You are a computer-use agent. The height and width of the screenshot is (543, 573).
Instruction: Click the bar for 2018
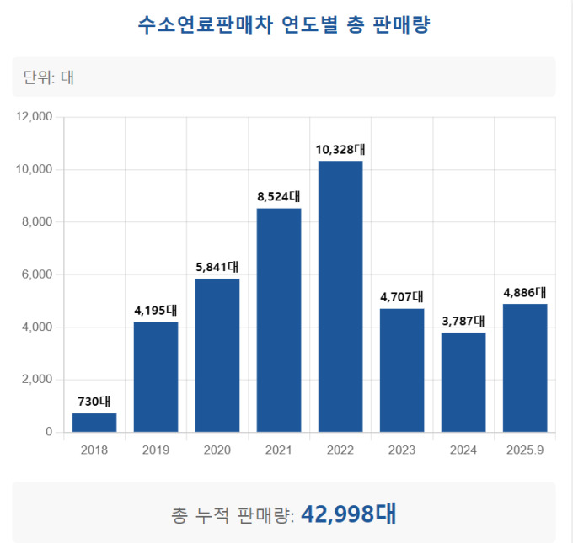pyautogui.click(x=94, y=423)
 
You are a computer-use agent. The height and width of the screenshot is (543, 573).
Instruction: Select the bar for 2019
pyautogui.click(x=156, y=377)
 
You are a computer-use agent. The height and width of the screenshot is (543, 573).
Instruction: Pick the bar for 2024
pyautogui.click(x=463, y=382)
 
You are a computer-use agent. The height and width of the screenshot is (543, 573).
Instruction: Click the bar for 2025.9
pyautogui.click(x=525, y=368)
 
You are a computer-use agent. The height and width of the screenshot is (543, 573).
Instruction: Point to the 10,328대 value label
pyautogui.click(x=340, y=150)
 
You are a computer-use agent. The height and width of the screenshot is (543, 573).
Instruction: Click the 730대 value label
pyautogui.click(x=94, y=402)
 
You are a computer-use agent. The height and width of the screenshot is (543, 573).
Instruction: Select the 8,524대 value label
pyautogui.click(x=279, y=197)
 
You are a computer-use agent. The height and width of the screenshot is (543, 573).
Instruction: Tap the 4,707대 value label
pyautogui.click(x=402, y=297)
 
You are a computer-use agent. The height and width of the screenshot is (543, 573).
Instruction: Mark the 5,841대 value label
pyautogui.click(x=217, y=268)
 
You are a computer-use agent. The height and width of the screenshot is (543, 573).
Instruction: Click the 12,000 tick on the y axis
pyautogui.click(x=35, y=117)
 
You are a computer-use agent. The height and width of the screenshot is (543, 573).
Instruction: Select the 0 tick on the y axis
pyautogui.click(x=49, y=432)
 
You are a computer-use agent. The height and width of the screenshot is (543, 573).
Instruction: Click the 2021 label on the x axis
pyautogui.click(x=279, y=450)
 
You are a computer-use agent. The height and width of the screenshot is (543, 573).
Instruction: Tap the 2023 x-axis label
pyautogui.click(x=402, y=450)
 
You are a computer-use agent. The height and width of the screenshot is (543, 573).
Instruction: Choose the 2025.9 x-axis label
pyautogui.click(x=525, y=450)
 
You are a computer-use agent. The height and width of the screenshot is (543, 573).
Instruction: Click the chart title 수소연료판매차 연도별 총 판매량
pyautogui.click(x=284, y=25)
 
